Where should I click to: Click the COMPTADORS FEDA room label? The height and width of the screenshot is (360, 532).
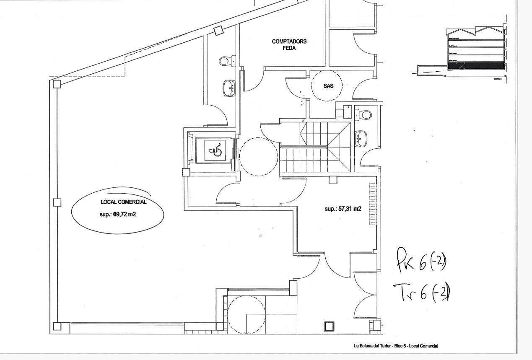click(x=289, y=44)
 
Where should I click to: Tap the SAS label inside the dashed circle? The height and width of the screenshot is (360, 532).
click(x=328, y=86)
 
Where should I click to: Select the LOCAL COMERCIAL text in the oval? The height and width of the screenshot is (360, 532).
click(x=123, y=202)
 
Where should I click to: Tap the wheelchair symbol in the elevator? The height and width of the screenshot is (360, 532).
click(x=215, y=150)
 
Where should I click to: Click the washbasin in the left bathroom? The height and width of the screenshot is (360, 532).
click(x=229, y=88)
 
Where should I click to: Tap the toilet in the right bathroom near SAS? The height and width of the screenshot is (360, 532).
click(x=363, y=114)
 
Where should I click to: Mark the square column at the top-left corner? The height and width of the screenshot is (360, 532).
click(x=57, y=84)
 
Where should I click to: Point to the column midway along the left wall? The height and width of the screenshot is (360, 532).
click(x=57, y=202)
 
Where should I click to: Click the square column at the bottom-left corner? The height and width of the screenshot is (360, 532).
click(x=57, y=326)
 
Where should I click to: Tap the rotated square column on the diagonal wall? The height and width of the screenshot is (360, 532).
click(x=218, y=31)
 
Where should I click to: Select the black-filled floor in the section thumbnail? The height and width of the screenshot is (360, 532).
click(x=475, y=65)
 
